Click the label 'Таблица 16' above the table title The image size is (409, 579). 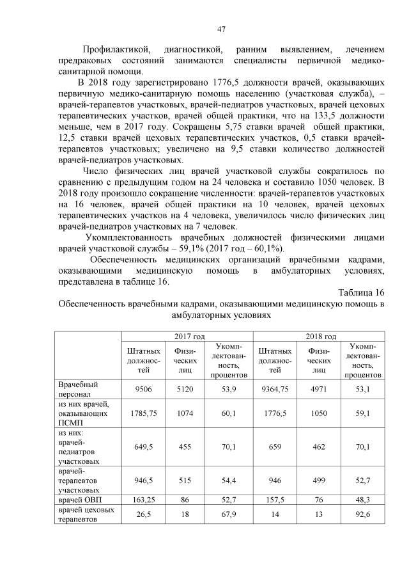pos(362,292)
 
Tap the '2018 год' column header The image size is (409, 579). pos(321,336)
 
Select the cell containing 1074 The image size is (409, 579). pos(185,413)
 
